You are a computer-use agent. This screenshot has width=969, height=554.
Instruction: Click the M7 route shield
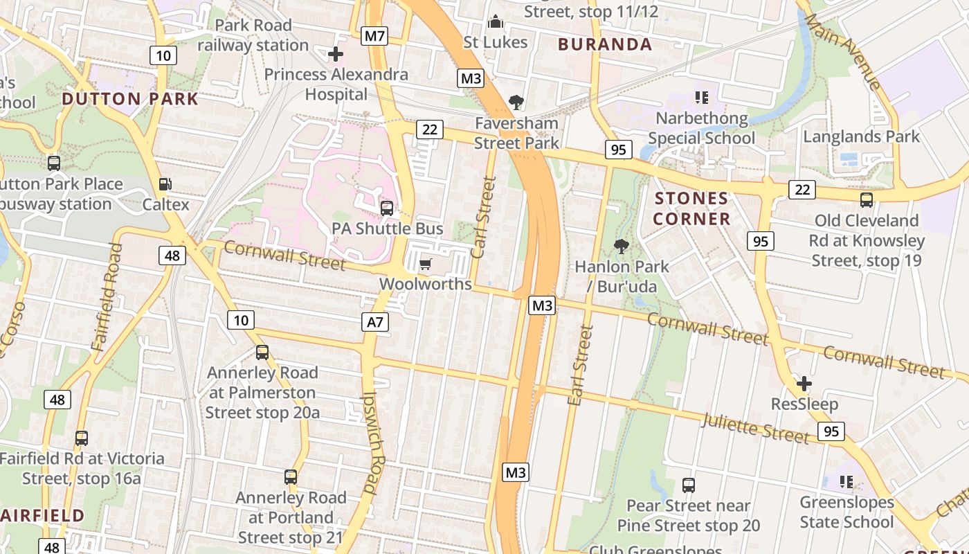pos(374,36)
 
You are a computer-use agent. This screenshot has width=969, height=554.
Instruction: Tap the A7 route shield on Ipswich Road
pos(374,321)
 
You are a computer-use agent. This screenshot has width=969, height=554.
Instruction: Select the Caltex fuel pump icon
pos(165,184)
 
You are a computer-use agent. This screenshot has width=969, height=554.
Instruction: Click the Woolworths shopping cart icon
pos(426,264)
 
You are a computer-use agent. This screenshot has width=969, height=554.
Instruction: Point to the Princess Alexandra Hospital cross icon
pos(336,53)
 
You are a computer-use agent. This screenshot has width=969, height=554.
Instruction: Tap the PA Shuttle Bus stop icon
pos(387,208)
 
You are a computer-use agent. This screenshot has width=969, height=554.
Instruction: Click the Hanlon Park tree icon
pos(622,246)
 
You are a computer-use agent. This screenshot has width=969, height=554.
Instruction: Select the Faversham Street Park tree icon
pos(516,103)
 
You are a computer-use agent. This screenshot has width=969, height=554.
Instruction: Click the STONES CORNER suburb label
pos(692,208)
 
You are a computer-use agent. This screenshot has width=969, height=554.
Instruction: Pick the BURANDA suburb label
pos(605,45)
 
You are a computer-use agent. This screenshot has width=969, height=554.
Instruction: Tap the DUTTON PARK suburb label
pos(130,98)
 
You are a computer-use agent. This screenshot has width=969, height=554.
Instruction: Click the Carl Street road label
pos(483,217)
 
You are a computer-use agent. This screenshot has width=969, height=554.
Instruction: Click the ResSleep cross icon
pos(804,383)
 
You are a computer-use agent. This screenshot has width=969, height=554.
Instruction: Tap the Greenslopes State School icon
pos(846,481)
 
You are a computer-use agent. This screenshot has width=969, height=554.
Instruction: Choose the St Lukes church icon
pos(495,22)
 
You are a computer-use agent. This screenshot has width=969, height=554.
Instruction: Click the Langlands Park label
pos(861,136)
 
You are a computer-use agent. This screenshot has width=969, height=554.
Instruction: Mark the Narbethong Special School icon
pos(701,98)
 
